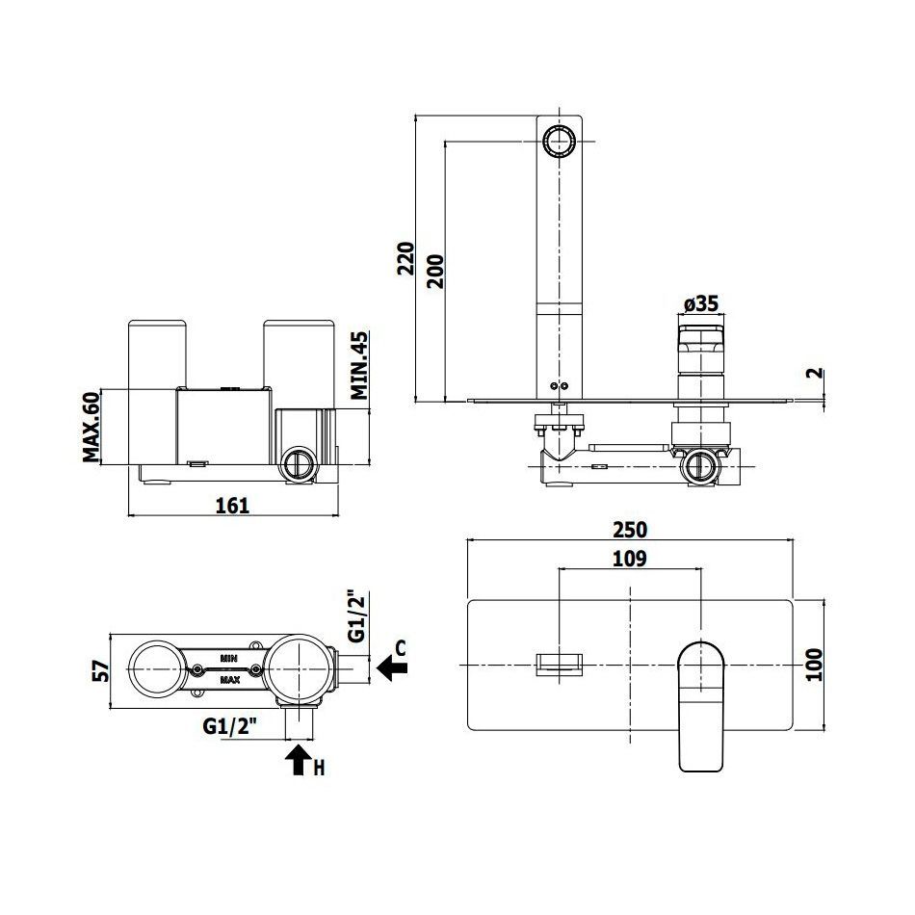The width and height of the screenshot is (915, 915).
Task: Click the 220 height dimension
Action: [405, 258]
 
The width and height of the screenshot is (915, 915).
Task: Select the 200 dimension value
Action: [435, 272]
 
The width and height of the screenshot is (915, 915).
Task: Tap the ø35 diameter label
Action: [701, 303]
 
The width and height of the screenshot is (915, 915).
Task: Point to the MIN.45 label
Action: [360, 365]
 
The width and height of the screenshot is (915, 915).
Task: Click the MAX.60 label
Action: [91, 427]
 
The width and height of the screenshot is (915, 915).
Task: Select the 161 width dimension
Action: [232, 506]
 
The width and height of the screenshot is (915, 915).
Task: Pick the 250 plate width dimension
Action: [630, 530]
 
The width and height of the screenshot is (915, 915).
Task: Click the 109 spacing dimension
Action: [630, 559]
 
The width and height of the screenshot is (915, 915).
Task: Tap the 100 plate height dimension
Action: [814, 665]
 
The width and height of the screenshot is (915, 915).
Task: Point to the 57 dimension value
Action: [101, 671]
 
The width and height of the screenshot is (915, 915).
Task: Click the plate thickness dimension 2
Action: [817, 373]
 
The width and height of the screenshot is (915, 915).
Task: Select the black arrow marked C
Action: [392, 667]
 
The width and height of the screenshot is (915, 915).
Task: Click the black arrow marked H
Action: [299, 759]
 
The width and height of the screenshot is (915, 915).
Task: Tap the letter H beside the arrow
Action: [319, 768]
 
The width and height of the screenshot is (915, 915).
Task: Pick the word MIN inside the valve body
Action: [229, 658]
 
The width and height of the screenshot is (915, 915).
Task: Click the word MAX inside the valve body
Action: [230, 680]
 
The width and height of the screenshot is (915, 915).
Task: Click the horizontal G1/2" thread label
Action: [230, 726]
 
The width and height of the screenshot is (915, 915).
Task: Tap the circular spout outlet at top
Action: [560, 142]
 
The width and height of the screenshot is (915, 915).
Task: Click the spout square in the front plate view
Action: [560, 665]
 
